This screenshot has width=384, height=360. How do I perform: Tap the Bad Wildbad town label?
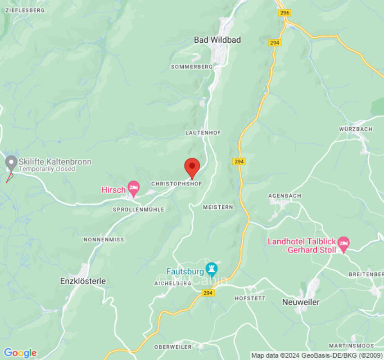(217, 40)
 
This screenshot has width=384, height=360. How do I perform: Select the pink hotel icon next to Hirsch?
(133, 188)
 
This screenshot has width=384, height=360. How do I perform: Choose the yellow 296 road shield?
(284, 13)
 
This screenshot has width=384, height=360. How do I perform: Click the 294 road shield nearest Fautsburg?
(208, 293)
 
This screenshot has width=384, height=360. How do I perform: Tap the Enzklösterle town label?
(83, 281)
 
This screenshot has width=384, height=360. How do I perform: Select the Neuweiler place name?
(301, 302)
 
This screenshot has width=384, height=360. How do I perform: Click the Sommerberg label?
(191, 67)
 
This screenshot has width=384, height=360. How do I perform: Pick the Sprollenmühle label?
(138, 210)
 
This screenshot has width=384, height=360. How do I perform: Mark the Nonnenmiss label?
(104, 240)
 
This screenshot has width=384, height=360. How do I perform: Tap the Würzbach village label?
(355, 129)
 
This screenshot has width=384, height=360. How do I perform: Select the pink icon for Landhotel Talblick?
(343, 243)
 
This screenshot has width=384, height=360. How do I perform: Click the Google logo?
(20, 353)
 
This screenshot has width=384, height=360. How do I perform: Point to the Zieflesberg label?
(25, 10)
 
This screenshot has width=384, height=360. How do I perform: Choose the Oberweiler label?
(172, 347)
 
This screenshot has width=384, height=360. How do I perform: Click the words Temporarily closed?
(46, 169)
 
